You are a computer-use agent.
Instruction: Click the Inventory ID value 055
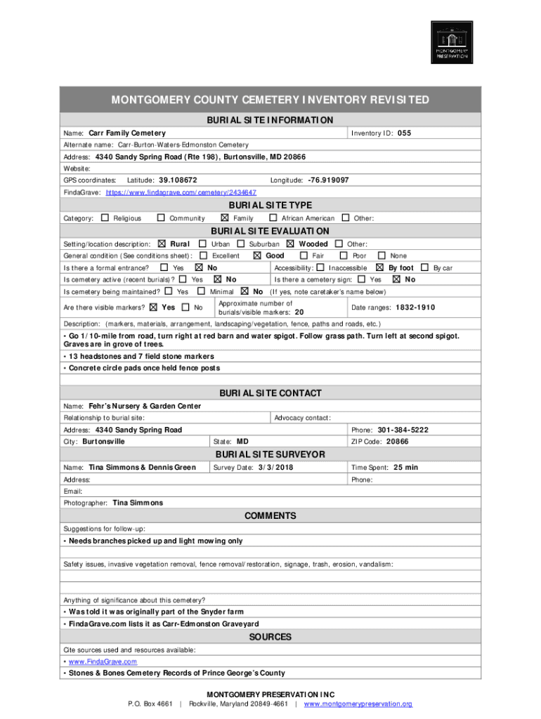(x=404, y=133)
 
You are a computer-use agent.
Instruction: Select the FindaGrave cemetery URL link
(x=181, y=192)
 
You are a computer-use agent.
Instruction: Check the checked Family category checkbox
(x=225, y=218)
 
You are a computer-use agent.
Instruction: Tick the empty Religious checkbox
(x=105, y=218)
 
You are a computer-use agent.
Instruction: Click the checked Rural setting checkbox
(x=162, y=244)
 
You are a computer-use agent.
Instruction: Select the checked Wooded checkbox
(x=291, y=244)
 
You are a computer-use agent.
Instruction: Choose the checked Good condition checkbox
(x=256, y=256)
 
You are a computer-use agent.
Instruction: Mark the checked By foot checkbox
(x=380, y=268)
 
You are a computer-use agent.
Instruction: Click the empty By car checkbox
(x=424, y=268)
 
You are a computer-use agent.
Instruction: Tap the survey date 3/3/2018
(x=275, y=468)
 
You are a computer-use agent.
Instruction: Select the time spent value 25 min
(x=405, y=468)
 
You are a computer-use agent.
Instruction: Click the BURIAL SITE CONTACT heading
(x=270, y=393)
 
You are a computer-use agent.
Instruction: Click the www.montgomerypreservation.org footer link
(x=358, y=704)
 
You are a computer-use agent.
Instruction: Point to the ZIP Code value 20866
(x=397, y=442)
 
